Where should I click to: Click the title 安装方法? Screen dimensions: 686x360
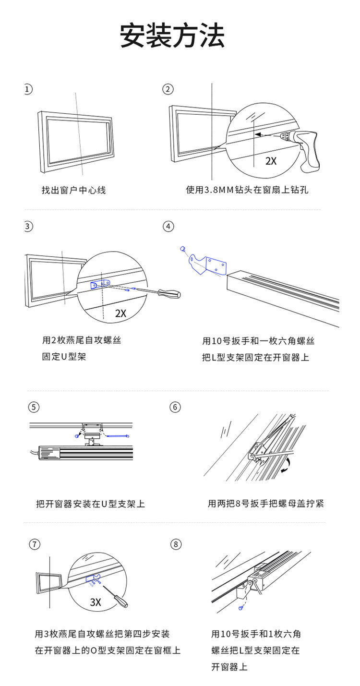[x=172, y=36]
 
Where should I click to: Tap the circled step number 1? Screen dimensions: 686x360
[x=28, y=89]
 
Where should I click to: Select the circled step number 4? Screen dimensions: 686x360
[x=168, y=226]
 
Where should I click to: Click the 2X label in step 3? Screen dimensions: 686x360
[x=120, y=313]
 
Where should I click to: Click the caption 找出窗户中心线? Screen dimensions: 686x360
[x=73, y=191]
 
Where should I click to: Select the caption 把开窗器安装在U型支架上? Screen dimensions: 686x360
[x=90, y=504]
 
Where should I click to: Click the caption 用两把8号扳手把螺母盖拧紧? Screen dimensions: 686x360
[x=266, y=504]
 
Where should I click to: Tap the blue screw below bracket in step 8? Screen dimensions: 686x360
[x=240, y=608]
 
